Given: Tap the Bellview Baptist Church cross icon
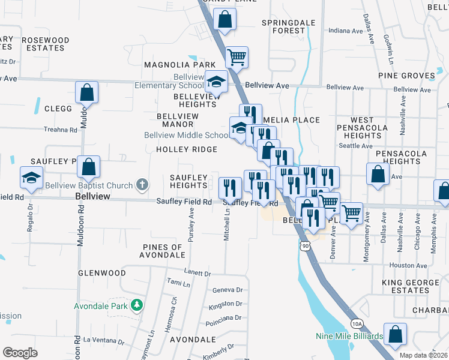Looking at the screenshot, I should pos(142,184).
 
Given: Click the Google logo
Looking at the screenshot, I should pos(20,353).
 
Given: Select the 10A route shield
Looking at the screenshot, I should pos(357,323).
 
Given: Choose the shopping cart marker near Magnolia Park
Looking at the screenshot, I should pos(237,58).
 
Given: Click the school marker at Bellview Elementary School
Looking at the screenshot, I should pos(217,82).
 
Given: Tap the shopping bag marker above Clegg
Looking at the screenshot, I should pos(86,92).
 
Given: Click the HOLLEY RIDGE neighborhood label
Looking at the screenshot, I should pos(187,149).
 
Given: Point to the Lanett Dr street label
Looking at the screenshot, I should pos(199,273).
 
